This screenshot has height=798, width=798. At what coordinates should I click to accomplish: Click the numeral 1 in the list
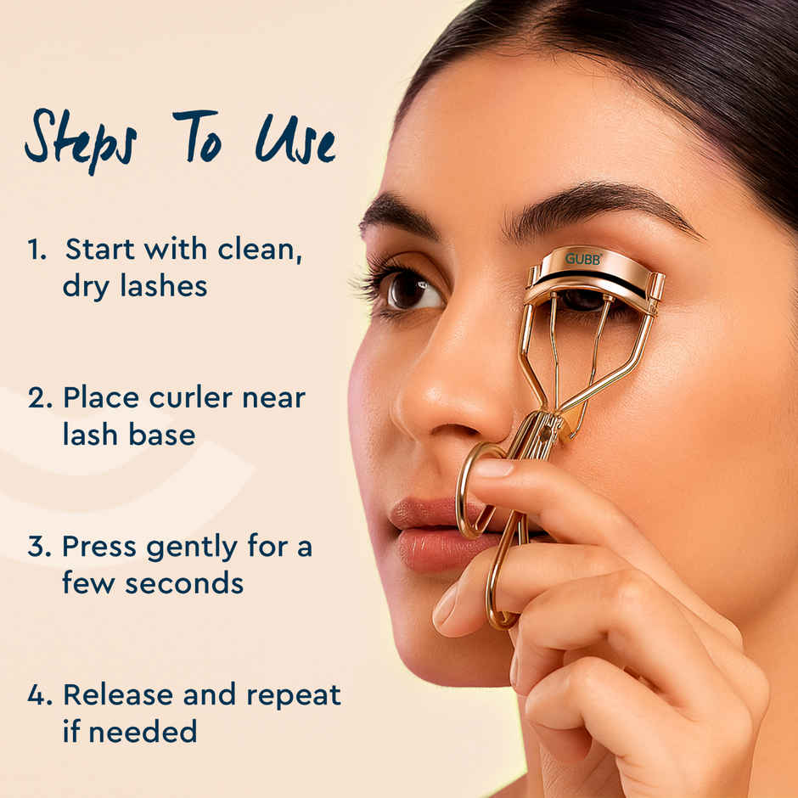[35, 250]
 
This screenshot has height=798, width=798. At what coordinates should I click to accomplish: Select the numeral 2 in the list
[39, 398]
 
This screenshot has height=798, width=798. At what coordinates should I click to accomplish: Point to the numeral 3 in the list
[39, 547]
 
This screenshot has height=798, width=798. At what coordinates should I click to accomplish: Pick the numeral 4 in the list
[39, 695]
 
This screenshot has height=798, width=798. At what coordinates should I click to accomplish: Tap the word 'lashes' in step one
[162, 286]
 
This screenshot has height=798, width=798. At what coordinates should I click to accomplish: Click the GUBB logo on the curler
[583, 258]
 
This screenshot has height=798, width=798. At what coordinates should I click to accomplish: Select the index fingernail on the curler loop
[493, 469]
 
